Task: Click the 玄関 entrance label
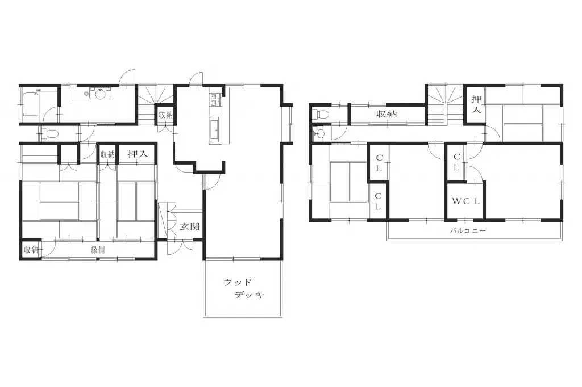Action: [x=190, y=226]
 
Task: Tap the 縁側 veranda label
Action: [x=97, y=249]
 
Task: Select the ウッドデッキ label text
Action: [x=243, y=289]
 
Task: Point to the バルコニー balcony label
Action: [x=468, y=231]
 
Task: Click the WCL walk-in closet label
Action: [x=466, y=201]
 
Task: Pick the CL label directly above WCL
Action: [x=456, y=163]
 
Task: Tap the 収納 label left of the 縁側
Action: [x=30, y=250]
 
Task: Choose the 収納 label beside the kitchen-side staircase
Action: [x=165, y=115]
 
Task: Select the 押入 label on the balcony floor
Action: [x=476, y=104]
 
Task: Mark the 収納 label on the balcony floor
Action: [x=386, y=114]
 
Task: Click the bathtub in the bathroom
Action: [x=32, y=104]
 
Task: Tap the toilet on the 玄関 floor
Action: [x=51, y=134]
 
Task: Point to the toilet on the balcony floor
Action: [x=322, y=113]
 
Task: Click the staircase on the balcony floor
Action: [x=444, y=106]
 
